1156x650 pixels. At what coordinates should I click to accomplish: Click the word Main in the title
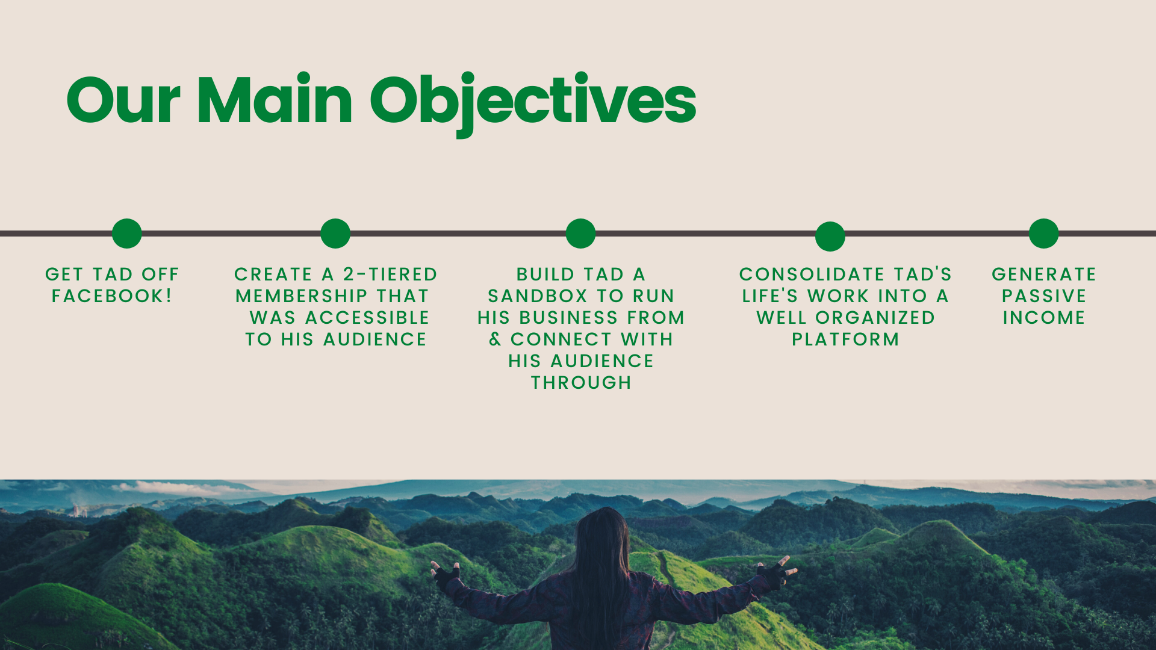point(275,99)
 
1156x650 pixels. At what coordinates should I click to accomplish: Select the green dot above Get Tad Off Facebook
point(126,234)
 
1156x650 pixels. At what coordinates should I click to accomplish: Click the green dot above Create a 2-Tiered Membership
point(335,234)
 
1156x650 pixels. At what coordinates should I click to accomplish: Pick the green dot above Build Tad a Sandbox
point(580,234)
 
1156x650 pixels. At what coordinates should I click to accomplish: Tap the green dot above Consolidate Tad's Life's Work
point(830,237)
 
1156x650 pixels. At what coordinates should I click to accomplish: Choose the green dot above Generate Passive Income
point(1043,234)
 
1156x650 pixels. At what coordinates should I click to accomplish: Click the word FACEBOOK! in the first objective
point(112,296)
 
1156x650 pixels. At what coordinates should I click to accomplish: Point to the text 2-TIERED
point(390,274)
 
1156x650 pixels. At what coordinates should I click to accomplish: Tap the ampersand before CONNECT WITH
point(495,339)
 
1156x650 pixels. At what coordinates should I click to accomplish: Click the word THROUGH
point(581,383)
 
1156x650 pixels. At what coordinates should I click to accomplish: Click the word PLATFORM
point(845,339)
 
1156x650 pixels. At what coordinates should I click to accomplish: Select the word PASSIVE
point(1044,296)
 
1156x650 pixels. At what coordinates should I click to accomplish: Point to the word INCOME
point(1044,318)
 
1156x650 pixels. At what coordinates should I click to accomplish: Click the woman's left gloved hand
point(446,575)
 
